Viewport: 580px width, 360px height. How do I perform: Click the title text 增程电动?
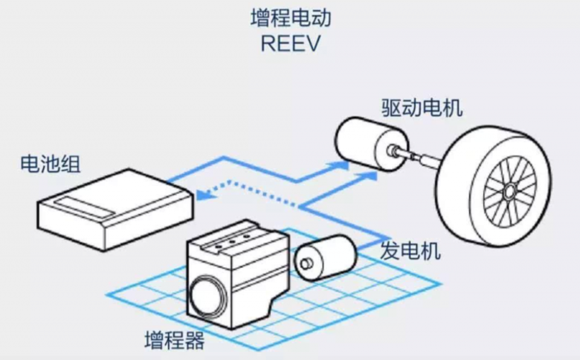(x=291, y=18)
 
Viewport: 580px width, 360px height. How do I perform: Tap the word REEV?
(x=291, y=43)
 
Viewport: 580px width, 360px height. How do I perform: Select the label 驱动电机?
(x=422, y=108)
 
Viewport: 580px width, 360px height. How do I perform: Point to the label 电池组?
(x=50, y=164)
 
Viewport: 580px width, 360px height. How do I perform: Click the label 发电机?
(x=411, y=251)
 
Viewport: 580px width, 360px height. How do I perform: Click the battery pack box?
(x=115, y=210)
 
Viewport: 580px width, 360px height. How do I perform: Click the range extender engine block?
(x=237, y=274)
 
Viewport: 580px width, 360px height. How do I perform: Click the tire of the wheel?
(x=494, y=185)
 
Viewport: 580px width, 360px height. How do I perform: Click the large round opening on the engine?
(x=207, y=297)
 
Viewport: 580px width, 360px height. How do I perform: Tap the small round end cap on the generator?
(x=306, y=263)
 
